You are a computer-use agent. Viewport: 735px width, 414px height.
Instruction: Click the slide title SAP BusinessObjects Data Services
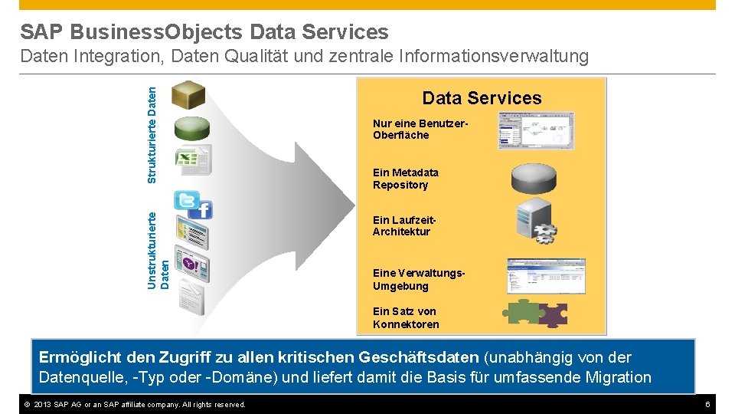click(x=204, y=31)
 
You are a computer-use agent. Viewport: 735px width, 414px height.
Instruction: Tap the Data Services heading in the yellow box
click(x=482, y=98)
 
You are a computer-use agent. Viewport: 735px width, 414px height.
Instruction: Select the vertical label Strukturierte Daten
click(x=152, y=134)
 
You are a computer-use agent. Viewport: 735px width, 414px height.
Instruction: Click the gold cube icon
click(x=188, y=94)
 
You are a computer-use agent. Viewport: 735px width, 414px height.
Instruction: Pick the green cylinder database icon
click(x=191, y=127)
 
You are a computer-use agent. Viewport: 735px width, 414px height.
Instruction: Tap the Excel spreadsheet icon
click(x=191, y=159)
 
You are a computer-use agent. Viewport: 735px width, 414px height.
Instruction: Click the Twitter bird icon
click(x=186, y=201)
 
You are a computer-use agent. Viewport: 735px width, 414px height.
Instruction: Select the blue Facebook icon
click(x=204, y=209)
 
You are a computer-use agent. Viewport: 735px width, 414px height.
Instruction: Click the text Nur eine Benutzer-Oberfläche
click(x=420, y=130)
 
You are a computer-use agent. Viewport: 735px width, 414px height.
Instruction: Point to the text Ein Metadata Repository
click(x=406, y=179)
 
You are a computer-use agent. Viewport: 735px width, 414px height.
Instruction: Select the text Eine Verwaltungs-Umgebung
click(x=419, y=280)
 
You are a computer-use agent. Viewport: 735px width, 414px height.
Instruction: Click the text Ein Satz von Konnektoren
click(x=406, y=317)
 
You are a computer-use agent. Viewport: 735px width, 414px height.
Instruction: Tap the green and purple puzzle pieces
click(x=534, y=314)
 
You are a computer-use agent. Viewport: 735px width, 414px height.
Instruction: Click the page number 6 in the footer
click(x=708, y=404)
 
